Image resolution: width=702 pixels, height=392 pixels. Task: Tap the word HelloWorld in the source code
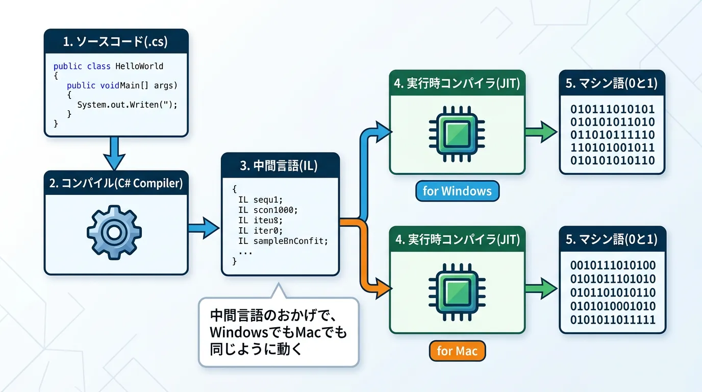pyautogui.click(x=139, y=66)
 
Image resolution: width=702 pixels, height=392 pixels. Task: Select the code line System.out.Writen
pyautogui.click(x=127, y=105)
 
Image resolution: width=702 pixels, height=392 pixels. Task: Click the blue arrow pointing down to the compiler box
pyautogui.click(x=116, y=154)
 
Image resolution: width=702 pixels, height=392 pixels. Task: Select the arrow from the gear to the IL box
pyautogui.click(x=204, y=228)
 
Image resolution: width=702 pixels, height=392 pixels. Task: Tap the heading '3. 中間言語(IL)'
pyautogui.click(x=280, y=165)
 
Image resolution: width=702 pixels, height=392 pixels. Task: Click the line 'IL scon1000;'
pyautogui.click(x=267, y=210)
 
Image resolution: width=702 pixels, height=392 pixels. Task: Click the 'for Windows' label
pyautogui.click(x=457, y=191)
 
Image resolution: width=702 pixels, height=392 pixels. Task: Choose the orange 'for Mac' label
pyautogui.click(x=457, y=351)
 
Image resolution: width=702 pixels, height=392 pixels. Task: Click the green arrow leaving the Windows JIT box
pyautogui.click(x=542, y=132)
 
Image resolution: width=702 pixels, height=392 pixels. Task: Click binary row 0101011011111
pyautogui.click(x=612, y=320)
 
